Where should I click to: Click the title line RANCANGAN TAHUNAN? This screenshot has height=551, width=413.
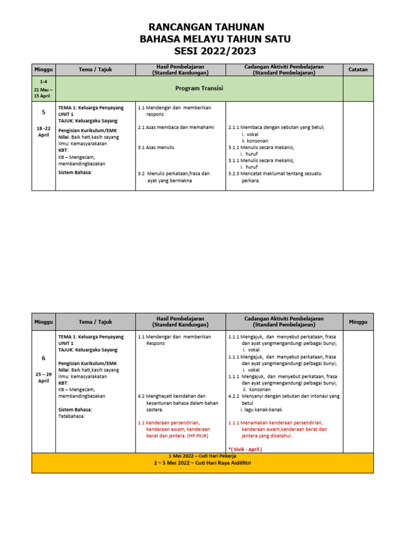[x=206, y=27]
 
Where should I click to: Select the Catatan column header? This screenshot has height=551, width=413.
[x=358, y=69]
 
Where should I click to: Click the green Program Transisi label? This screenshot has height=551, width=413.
[x=199, y=88]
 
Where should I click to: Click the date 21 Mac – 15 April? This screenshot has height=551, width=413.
[x=44, y=92]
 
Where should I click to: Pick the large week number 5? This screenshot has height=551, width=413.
[x=44, y=112]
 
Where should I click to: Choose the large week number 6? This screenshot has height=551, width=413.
[x=44, y=358]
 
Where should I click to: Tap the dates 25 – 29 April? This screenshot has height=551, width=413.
[x=44, y=377]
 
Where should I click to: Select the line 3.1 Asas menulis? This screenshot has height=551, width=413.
[x=156, y=147]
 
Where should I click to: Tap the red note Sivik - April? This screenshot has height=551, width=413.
[x=245, y=449]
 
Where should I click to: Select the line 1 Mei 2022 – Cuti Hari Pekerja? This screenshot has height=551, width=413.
[x=202, y=456]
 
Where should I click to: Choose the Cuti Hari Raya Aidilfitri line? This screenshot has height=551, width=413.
[x=202, y=463]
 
